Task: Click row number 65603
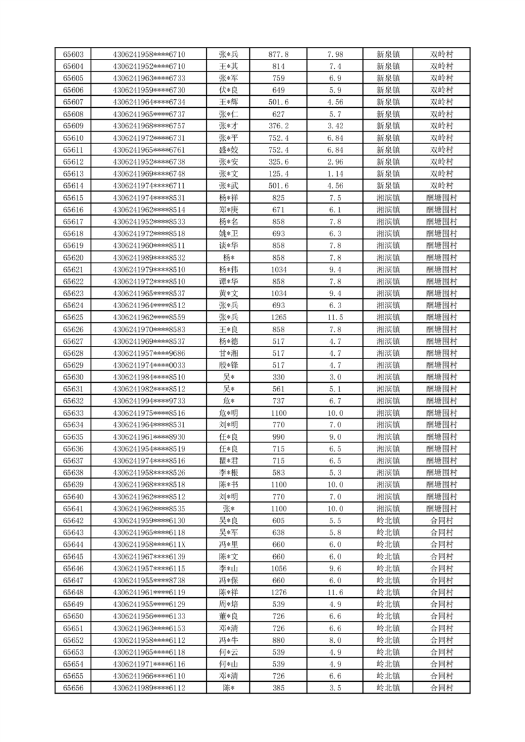73,54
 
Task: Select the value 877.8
278,54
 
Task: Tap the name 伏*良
228,90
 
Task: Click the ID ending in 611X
149,544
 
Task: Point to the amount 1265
278,317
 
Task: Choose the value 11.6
335,592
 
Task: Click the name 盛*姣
228,150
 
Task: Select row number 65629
73,365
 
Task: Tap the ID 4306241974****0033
149,365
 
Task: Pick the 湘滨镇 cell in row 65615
387,198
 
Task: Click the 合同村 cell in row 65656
441,688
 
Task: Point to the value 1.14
335,174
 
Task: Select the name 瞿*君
228,461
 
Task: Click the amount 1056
278,568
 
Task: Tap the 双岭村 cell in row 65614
441,186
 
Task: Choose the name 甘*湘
228,353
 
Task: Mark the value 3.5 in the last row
335,688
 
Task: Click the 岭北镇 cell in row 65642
387,520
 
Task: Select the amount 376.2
278,126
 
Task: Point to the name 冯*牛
228,640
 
